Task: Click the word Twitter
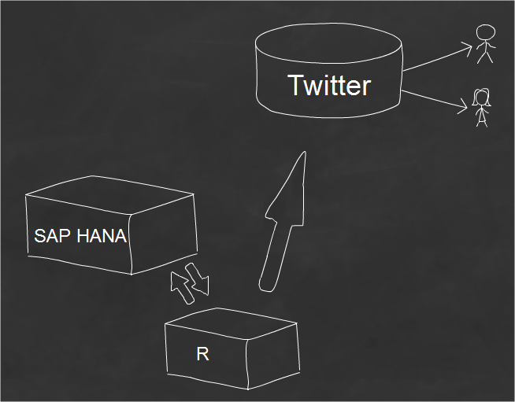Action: [x=328, y=85]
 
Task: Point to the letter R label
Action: [x=202, y=354]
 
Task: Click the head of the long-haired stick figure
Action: [x=481, y=98]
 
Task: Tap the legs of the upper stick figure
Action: [x=485, y=57]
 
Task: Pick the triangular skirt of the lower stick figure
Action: [x=481, y=113]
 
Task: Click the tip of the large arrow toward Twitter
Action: [x=302, y=155]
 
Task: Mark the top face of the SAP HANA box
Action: [x=110, y=192]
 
